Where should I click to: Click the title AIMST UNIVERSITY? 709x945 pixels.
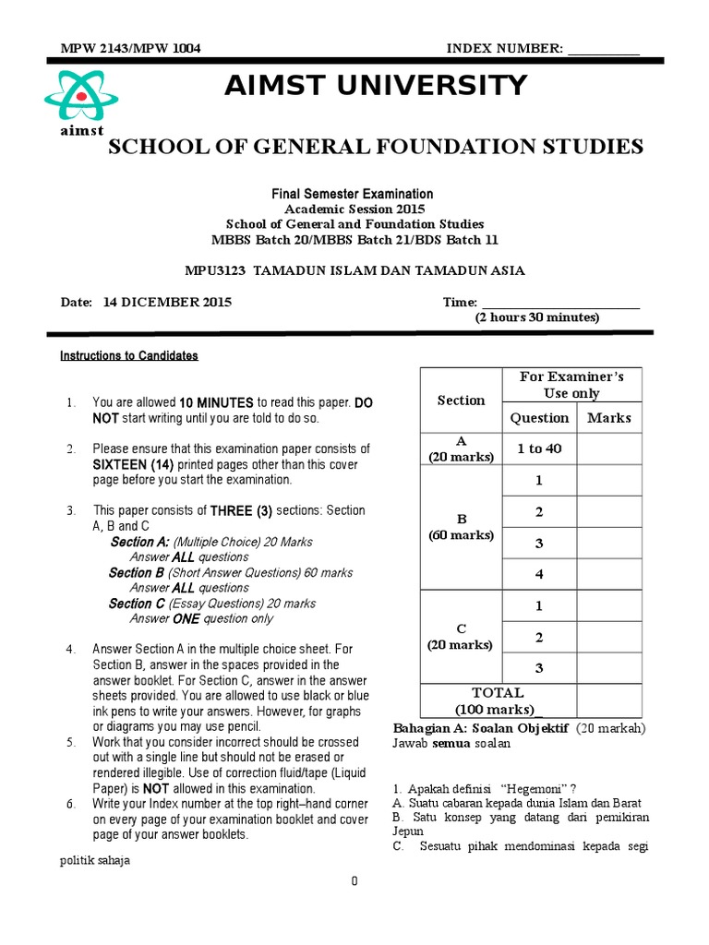[376, 86]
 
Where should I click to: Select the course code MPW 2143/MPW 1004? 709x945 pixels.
[129, 49]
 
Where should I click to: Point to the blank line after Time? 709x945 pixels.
[560, 302]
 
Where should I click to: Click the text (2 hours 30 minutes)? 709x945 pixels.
[537, 317]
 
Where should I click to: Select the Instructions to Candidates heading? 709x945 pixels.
[129, 355]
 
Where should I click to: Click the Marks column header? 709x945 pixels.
[609, 418]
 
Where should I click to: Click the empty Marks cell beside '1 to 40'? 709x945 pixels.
[609, 449]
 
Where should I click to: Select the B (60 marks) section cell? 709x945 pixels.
[461, 528]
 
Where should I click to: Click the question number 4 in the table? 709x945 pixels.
[539, 574]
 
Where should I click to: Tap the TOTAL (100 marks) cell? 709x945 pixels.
[499, 701]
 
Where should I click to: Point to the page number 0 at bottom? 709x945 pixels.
[354, 882]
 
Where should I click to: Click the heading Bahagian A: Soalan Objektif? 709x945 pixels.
[480, 728]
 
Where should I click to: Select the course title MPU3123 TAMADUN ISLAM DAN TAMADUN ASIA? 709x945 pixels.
[354, 270]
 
